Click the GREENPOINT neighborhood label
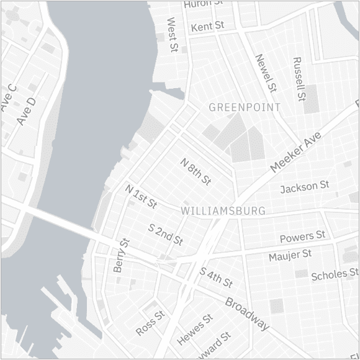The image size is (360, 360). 245,107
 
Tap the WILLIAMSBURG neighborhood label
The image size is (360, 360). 224,211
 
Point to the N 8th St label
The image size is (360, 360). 196,172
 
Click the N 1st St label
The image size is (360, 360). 140,196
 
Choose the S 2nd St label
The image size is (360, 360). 166,234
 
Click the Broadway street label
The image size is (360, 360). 247,313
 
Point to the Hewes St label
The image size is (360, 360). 194,329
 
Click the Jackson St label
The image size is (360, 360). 304,187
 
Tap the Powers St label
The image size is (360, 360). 302,236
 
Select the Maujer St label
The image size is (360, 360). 290,255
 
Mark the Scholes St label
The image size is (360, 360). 335,274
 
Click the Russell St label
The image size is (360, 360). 299,79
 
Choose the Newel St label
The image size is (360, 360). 265,73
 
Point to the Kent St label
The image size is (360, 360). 208,27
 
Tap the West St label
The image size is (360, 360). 173,34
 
